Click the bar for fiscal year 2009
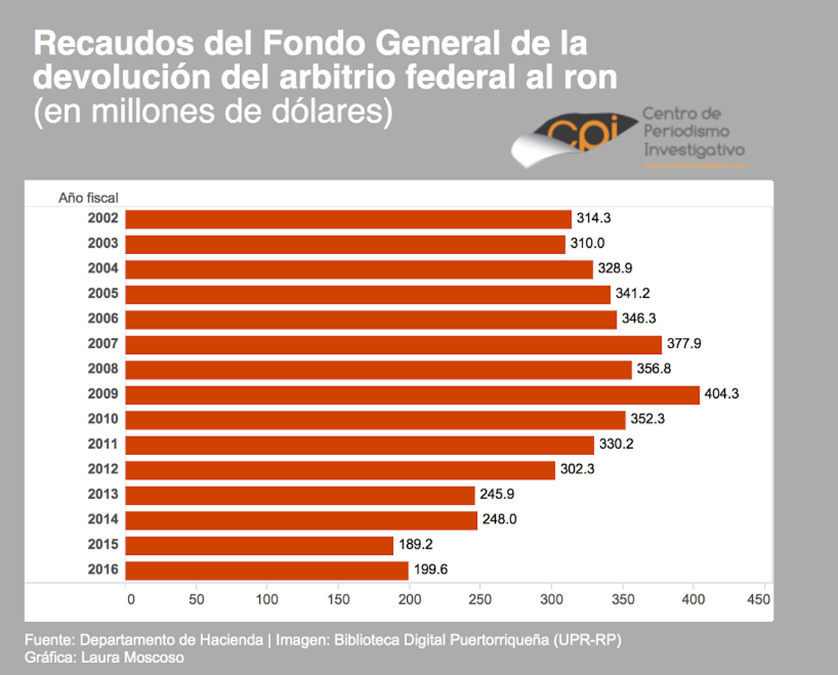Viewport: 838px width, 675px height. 412,394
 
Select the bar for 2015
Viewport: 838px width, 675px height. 259,545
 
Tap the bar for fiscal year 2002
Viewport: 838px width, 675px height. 348,219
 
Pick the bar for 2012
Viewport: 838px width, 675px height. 340,470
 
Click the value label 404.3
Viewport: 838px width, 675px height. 721,394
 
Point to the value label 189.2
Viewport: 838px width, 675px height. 416,545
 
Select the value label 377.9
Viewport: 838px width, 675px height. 684,344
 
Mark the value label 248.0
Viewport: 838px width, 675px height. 499,520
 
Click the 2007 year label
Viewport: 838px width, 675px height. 103,344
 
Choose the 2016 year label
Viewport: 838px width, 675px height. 103,570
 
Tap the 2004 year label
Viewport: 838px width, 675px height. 103,269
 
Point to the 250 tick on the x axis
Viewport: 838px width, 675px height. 480,599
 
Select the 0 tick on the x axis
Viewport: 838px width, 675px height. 129,599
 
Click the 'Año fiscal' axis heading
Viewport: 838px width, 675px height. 88,198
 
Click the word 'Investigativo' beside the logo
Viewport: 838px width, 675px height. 693,149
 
